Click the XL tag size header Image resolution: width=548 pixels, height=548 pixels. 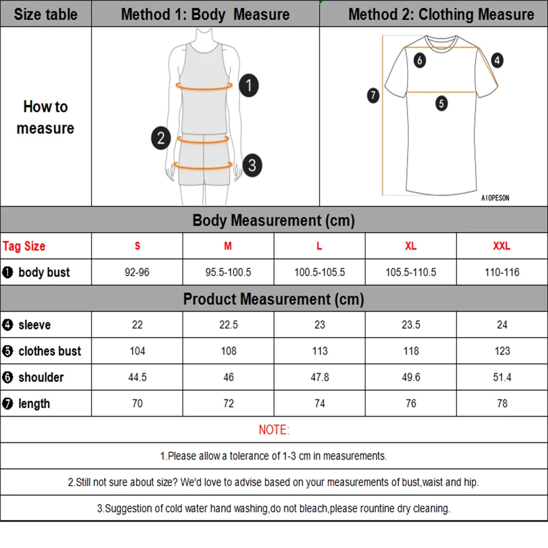pos(410,246)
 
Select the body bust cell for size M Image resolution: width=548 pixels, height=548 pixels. pos(228,272)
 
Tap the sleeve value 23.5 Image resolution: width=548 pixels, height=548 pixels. pos(410,325)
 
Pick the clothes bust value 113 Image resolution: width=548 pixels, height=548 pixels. pos(319,351)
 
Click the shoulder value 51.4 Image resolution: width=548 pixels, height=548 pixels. pos(502,378)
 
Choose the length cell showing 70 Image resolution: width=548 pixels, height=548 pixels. pos(137,404)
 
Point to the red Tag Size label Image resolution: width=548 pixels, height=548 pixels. pos(24,246)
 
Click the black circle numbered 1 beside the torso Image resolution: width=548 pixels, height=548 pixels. pos(249,85)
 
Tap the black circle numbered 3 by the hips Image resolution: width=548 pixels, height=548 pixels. pos(252,165)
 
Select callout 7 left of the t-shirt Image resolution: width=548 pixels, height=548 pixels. pos(373,95)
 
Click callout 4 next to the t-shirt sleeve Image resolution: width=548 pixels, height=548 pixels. pos(496,60)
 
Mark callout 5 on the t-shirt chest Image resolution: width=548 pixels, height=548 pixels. pos(442,103)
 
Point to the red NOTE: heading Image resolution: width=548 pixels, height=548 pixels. pos(273,430)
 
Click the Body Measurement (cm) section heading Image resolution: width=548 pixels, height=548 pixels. pos(273,221)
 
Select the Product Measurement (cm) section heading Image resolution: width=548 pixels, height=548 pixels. pos(273,299)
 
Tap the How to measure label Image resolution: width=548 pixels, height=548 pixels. pos(45,117)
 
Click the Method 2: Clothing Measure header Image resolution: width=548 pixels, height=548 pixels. pos(441,14)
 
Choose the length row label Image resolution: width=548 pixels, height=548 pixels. pos(34,404)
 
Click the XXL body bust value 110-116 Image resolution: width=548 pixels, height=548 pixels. pos(502,272)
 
